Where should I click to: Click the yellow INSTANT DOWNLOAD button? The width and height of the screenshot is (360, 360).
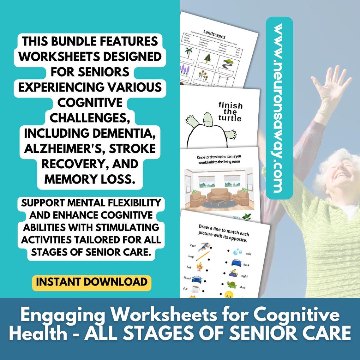[92, 282]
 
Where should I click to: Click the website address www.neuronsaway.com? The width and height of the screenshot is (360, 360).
[279, 108]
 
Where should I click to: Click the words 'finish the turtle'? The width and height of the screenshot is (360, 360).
[230, 111]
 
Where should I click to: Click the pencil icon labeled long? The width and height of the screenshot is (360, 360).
[202, 255]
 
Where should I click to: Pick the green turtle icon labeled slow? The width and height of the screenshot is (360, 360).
[231, 285]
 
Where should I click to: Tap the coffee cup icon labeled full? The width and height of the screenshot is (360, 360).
[195, 288]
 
